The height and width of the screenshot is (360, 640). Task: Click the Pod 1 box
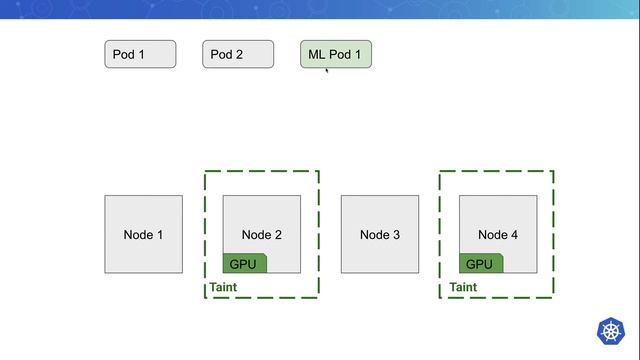coord(140,54)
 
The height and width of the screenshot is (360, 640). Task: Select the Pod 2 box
coord(238,54)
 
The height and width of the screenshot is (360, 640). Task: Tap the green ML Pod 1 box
coord(336,54)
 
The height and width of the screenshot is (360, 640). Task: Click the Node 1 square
coord(143,234)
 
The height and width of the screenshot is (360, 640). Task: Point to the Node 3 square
coord(380,234)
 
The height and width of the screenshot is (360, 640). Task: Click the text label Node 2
coord(261,235)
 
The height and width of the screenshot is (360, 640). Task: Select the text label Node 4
coord(498,235)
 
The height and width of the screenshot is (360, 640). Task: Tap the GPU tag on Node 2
coord(244,264)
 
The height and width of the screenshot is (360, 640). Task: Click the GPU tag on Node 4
coord(480,264)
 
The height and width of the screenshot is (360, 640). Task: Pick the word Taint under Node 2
coord(223,288)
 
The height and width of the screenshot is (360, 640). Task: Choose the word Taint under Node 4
coord(463,288)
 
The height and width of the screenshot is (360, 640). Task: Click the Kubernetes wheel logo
coord(610,331)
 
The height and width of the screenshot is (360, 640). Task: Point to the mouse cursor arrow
coord(326,70)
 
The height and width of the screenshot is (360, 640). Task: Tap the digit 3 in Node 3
coord(396,235)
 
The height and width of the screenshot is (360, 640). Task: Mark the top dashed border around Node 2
coord(261,171)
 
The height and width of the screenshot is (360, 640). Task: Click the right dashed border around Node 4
coord(553,234)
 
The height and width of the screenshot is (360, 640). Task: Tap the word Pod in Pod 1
coord(123,54)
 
